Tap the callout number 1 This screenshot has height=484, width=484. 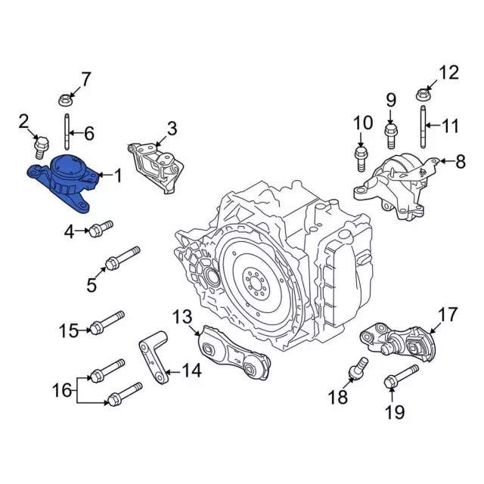point(117,175)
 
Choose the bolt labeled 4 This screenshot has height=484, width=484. point(100,228)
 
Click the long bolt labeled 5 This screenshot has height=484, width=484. point(122,258)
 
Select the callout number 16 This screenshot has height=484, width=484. point(64,391)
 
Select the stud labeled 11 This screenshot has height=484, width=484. point(421,127)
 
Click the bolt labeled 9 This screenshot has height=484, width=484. point(391,137)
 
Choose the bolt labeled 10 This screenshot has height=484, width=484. point(361,157)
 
